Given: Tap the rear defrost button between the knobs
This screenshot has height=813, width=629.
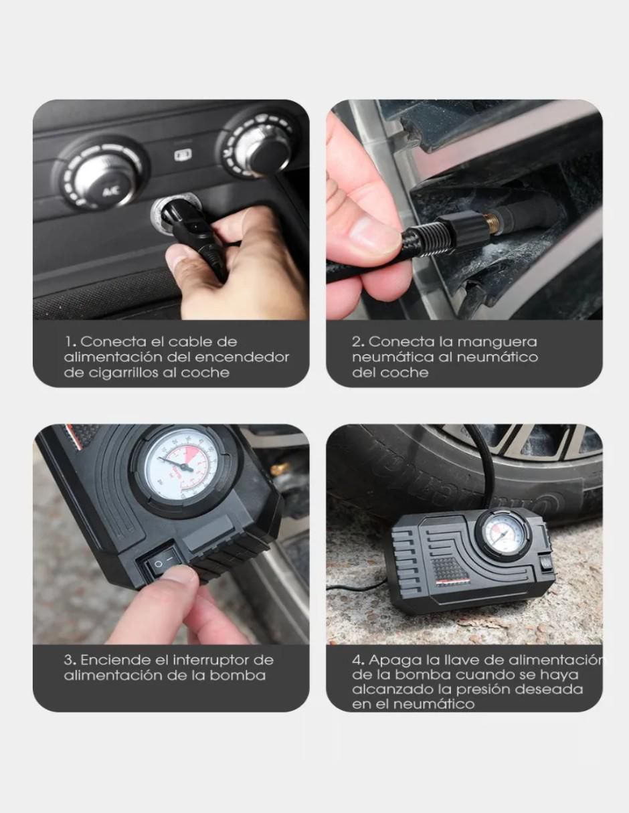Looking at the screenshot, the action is point(183,155).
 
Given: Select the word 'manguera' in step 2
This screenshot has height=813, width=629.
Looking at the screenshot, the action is point(497,343).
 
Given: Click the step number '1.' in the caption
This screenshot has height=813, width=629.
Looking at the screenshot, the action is point(71,341).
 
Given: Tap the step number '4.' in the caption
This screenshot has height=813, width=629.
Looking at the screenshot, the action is point(358,660).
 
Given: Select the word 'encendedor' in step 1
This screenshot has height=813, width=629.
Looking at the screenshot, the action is point(242,357).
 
